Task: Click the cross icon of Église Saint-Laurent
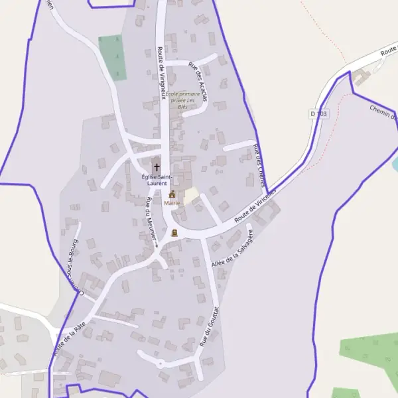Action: (157, 167)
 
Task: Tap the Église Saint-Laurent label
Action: (157, 179)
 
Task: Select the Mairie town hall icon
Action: (172, 194)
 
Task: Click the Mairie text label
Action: (172, 202)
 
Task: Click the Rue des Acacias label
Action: (198, 81)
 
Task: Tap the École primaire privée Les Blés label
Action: (183, 99)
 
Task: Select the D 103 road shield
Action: (318, 114)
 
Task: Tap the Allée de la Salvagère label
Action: (233, 249)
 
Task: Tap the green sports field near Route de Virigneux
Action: (112, 58)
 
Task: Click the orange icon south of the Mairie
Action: (174, 233)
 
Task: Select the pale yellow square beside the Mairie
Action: (192, 196)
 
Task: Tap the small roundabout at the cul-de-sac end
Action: (160, 363)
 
